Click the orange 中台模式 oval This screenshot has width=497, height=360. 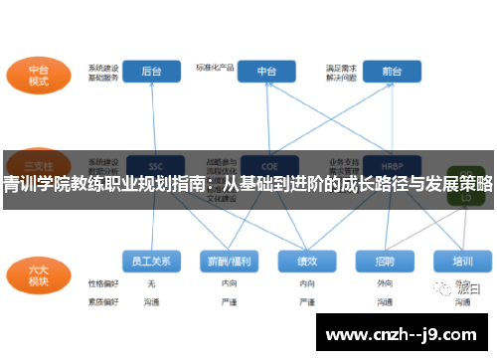39,75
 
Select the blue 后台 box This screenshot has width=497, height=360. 152,72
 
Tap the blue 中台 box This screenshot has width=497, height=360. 267,72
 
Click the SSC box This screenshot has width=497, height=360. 153,164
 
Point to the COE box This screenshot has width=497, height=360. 267,164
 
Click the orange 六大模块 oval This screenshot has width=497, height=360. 39,273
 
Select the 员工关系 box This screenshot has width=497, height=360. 152,261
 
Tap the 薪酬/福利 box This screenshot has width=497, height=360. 229,261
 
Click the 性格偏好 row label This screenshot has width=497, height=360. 102,282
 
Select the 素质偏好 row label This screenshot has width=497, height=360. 102,299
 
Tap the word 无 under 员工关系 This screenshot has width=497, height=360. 151,282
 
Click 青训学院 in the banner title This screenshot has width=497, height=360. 30,184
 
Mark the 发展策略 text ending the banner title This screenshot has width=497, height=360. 463,184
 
